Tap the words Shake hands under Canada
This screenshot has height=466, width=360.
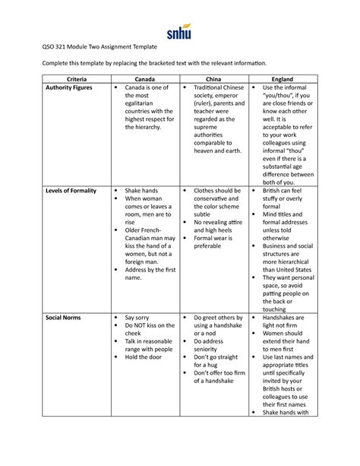point(142,190)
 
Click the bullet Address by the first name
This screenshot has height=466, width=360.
point(147,273)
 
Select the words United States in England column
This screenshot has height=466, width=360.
point(286,269)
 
